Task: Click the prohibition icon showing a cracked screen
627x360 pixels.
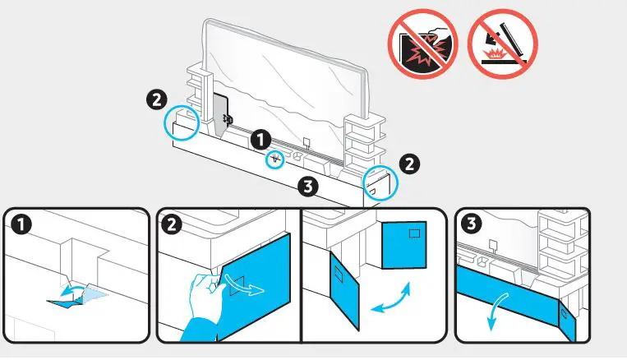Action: [x=423, y=44]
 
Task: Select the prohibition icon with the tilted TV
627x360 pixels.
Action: [x=501, y=44]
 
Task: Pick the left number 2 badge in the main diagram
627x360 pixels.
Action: [x=154, y=99]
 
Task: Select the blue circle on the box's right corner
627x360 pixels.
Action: [x=380, y=182]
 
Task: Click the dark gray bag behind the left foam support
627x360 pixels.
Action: [x=220, y=115]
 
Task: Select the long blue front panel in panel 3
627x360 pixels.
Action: [x=509, y=292]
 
